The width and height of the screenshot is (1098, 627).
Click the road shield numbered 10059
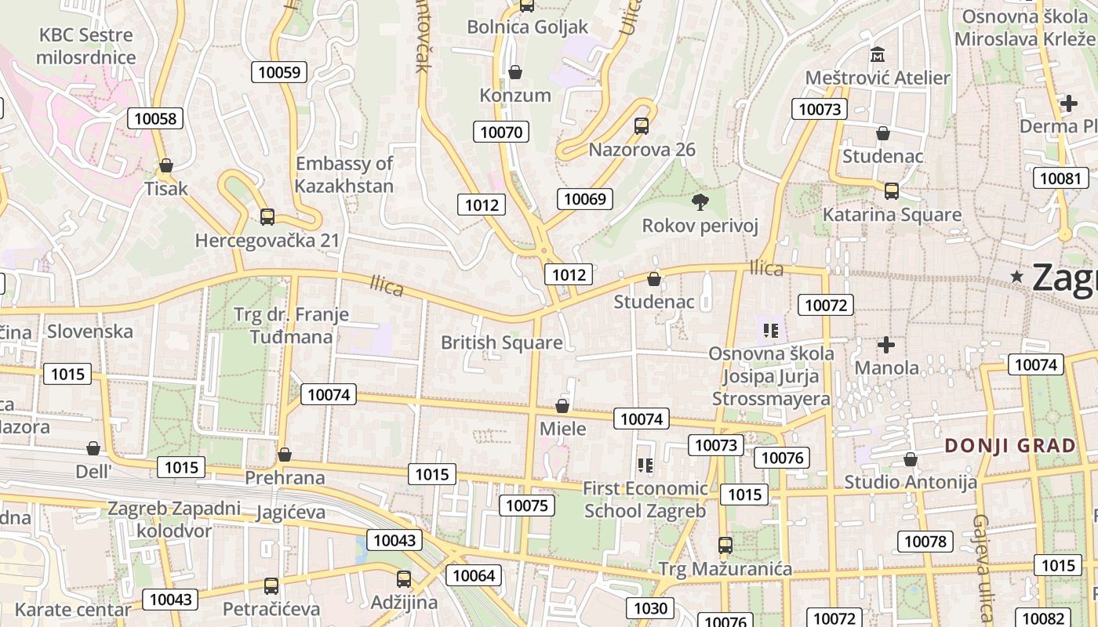278,73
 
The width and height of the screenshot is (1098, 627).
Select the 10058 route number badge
155,118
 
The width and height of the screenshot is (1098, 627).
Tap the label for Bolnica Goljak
527,27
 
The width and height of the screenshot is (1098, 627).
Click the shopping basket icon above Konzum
515,73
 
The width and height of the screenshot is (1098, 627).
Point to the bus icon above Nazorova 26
641,125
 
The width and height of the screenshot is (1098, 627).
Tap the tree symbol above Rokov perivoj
700,202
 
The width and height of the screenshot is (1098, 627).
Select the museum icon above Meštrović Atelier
878,55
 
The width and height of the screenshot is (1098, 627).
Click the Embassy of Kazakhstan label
344,175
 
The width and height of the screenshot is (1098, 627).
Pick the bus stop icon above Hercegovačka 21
267,216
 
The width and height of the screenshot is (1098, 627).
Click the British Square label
501,342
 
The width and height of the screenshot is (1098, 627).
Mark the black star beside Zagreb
1017,276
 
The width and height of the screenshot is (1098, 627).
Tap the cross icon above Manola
886,345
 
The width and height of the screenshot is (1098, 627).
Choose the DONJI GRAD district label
1010,446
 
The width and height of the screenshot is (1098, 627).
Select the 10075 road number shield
526,506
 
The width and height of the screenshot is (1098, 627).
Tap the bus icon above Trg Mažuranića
725,545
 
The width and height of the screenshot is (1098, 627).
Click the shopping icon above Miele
562,406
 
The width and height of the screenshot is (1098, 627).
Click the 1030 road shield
650,608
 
